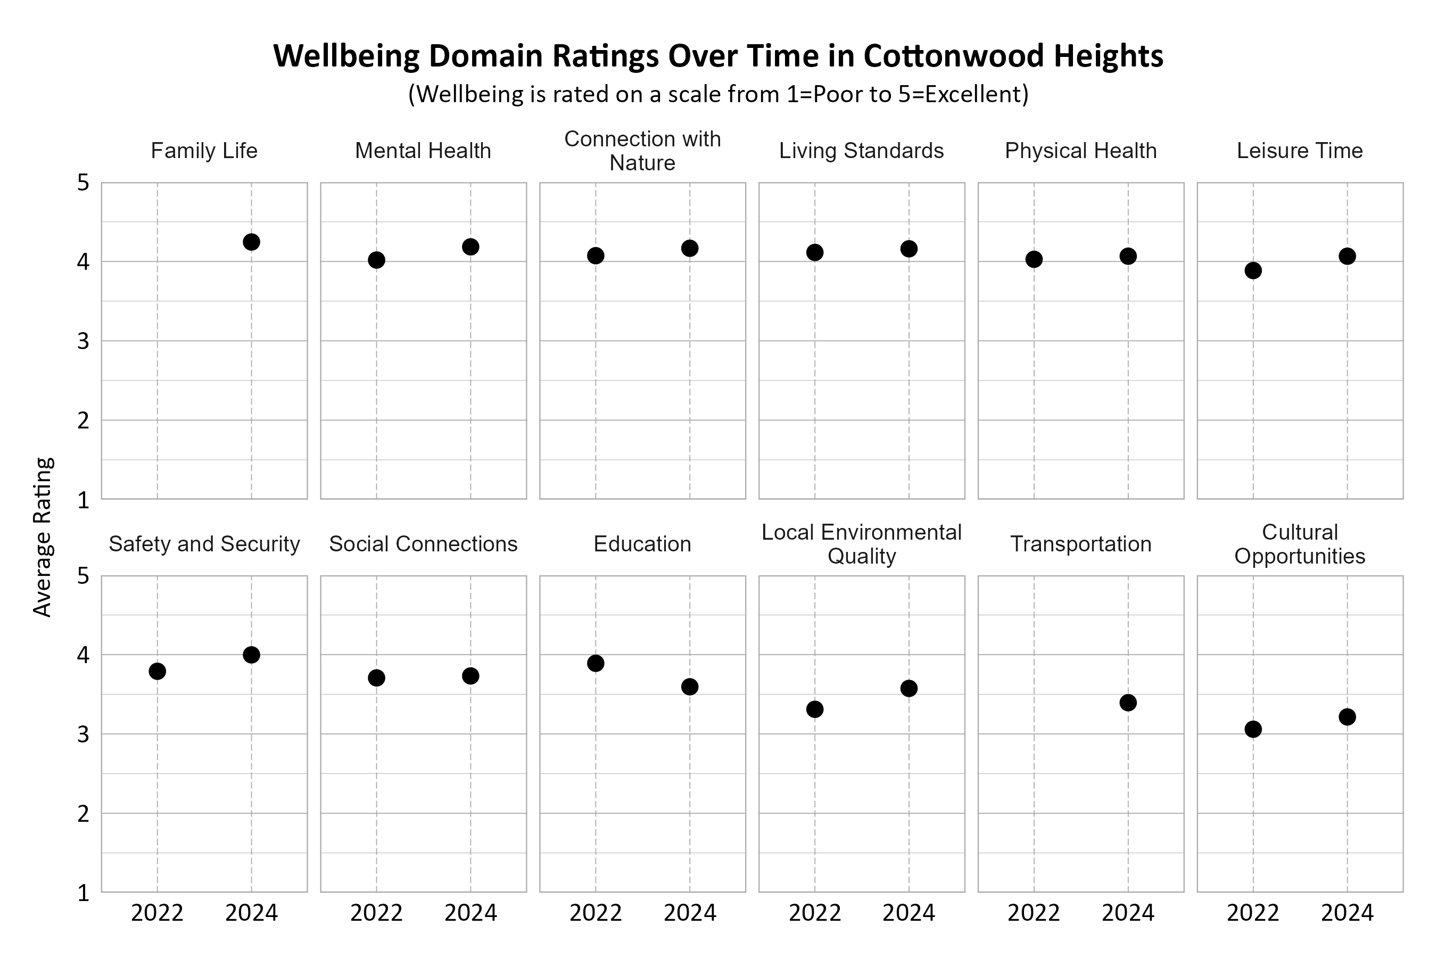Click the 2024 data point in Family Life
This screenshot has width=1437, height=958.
point(251,242)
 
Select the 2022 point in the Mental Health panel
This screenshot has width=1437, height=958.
point(376,260)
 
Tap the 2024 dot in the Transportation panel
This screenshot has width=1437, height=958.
point(1128,703)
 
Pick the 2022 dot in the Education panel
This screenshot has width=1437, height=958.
point(596,664)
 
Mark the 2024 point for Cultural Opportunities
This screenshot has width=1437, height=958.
point(1347,717)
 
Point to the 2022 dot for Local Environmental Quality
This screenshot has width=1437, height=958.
point(814,709)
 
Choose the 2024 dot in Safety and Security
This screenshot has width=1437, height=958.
point(251,655)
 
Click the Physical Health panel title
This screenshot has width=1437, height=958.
point(1080,151)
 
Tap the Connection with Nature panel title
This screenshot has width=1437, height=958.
point(642,151)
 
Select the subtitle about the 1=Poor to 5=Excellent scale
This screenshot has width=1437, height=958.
point(718,94)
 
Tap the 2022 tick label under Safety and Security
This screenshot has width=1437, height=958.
point(157,913)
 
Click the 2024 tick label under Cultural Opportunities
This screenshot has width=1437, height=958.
point(1347,913)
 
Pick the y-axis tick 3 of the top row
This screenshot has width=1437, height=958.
point(84,342)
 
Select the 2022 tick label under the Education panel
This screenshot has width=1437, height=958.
point(596,913)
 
